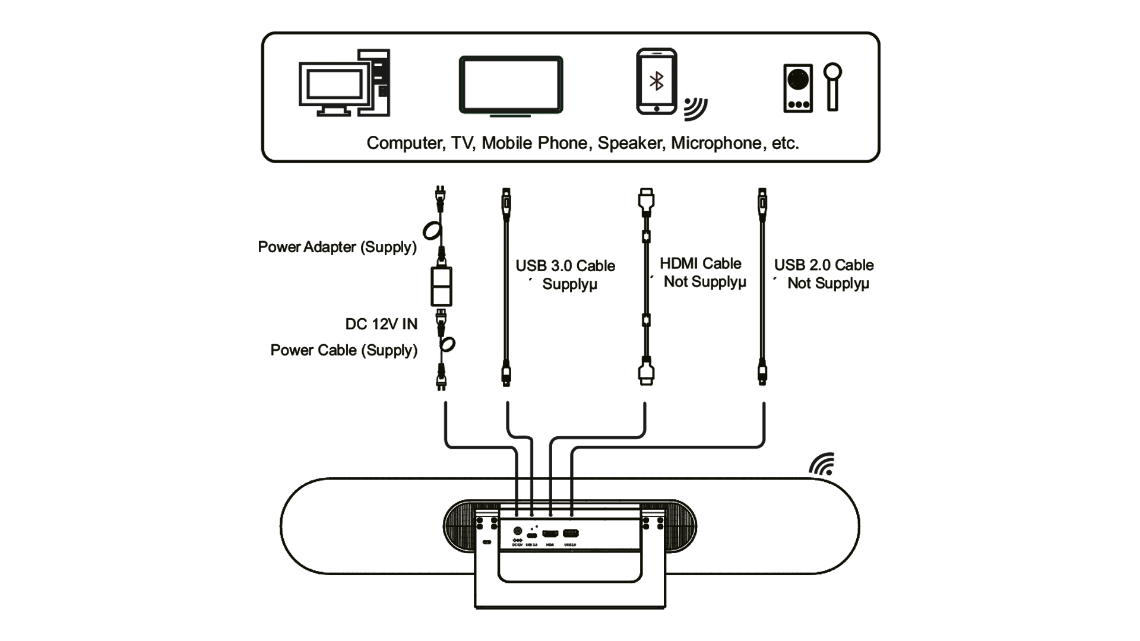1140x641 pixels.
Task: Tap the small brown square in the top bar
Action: point(658,82)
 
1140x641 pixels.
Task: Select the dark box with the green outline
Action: point(511,83)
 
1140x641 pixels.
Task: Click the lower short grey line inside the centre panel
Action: point(470,242)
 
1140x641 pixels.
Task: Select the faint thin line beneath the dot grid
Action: point(570,543)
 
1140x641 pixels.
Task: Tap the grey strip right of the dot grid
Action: point(701,491)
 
